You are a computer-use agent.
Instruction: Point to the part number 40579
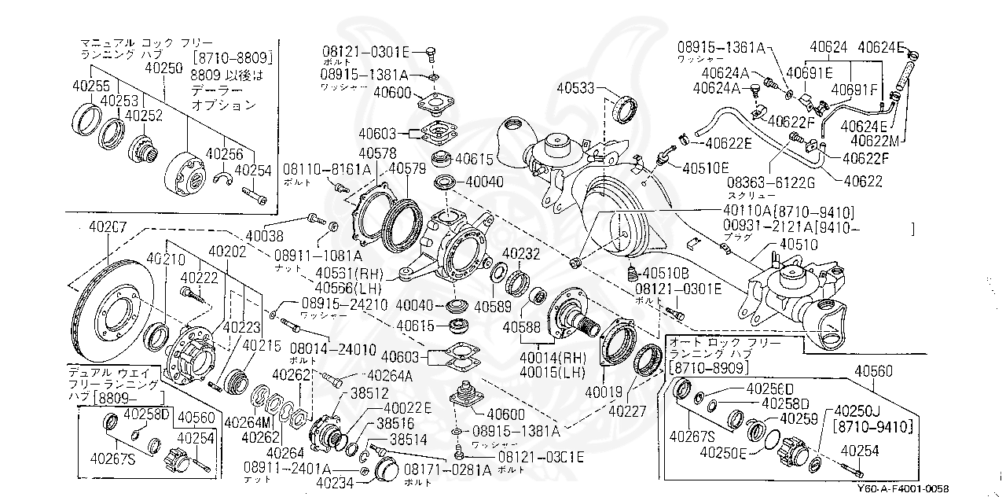pos(407,168)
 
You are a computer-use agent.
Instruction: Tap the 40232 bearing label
pos(520,254)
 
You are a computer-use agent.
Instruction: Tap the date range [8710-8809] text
pos(232,57)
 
